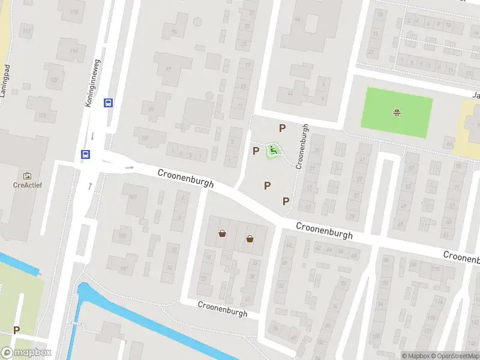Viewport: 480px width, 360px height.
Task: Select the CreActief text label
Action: (x=27, y=185)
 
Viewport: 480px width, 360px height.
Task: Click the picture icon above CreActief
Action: (x=27, y=176)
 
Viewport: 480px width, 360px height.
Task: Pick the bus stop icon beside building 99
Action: (x=109, y=103)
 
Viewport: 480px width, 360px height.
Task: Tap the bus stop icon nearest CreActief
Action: (x=86, y=155)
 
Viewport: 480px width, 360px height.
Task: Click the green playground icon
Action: (x=274, y=150)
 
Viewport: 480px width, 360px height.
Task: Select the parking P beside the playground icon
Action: (x=256, y=150)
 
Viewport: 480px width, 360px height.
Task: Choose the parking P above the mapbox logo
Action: (x=17, y=330)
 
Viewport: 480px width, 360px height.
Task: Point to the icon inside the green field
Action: (x=397, y=112)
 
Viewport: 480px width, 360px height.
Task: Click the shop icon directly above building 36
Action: (x=250, y=239)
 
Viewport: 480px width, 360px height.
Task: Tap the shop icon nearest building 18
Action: (x=223, y=233)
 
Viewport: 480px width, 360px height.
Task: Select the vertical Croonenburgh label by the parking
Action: (x=302, y=146)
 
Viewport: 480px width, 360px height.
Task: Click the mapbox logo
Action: (x=26, y=353)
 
